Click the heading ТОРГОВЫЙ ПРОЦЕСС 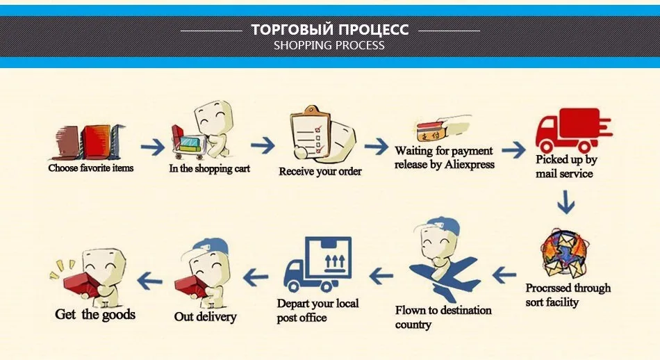pyautogui.click(x=330, y=29)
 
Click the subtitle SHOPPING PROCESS pyautogui.click(x=329, y=46)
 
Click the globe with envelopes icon pyautogui.click(x=564, y=256)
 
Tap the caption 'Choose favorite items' pyautogui.click(x=91, y=167)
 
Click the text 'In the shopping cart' pyautogui.click(x=210, y=168)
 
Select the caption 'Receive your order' pyautogui.click(x=320, y=171)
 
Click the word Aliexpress pyautogui.click(x=470, y=165)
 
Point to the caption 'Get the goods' pyautogui.click(x=95, y=315)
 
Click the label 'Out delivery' pyautogui.click(x=205, y=317)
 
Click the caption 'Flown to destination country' pyautogui.click(x=443, y=317)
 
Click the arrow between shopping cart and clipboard pyautogui.click(x=263, y=146)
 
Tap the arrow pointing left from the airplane pyautogui.click(x=381, y=276)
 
